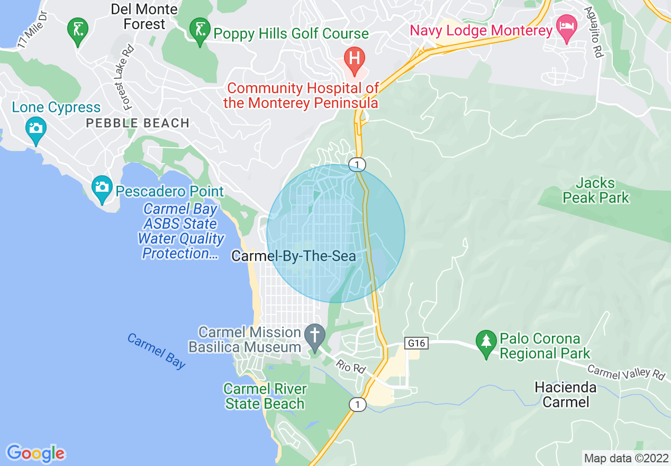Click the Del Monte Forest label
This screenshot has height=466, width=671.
click(x=144, y=16)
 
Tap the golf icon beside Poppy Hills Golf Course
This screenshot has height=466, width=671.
click(x=200, y=31)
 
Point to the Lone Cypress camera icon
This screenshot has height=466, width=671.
click(x=35, y=129)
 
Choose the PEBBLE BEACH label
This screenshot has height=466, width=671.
click(x=138, y=123)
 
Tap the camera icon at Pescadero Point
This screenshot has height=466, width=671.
click(x=102, y=188)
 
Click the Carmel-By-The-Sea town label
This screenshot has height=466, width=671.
click(x=293, y=257)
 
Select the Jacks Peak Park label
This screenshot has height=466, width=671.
click(x=596, y=191)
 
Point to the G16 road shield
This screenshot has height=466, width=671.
click(x=416, y=343)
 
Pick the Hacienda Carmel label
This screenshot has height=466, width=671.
click(x=566, y=395)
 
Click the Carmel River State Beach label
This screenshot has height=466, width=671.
click(x=265, y=396)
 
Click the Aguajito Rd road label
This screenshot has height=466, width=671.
click(x=594, y=32)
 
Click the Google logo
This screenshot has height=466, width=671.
click(x=36, y=453)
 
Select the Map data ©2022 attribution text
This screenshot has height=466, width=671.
click(x=626, y=458)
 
